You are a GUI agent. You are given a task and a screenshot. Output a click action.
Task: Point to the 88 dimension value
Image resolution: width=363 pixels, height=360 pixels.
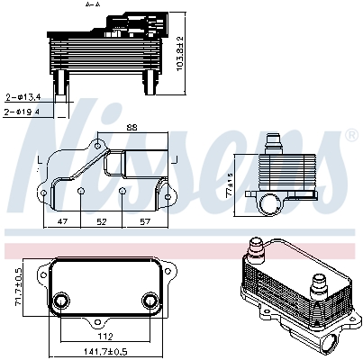[x=132, y=127]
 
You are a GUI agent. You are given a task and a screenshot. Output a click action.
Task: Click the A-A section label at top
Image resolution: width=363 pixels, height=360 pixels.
[x=92, y=4]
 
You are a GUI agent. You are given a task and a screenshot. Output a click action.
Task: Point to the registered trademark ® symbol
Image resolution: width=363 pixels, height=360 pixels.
[x=349, y=134]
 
